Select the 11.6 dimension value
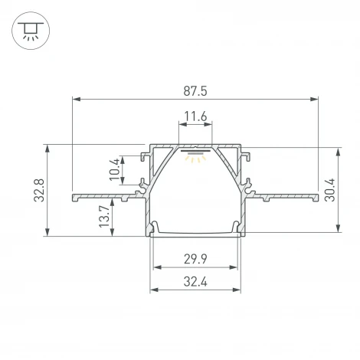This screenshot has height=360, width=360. pos(195,117)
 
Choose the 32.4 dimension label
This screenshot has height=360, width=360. pos(195,282)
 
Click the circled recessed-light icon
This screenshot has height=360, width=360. pos(31,31)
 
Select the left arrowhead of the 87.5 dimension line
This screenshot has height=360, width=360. pos(75,98)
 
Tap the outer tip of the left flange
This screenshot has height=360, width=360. pos(73,198)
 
